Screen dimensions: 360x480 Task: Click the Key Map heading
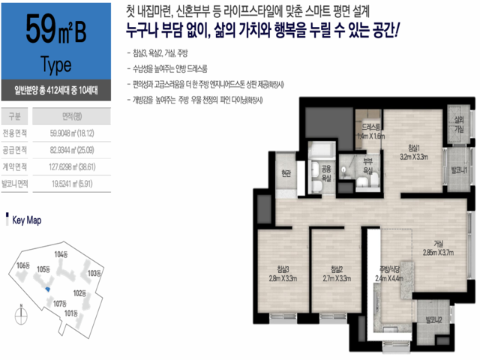point(25,221)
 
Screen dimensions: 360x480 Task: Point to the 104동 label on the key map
point(61,255)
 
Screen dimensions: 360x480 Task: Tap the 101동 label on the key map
point(71,312)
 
